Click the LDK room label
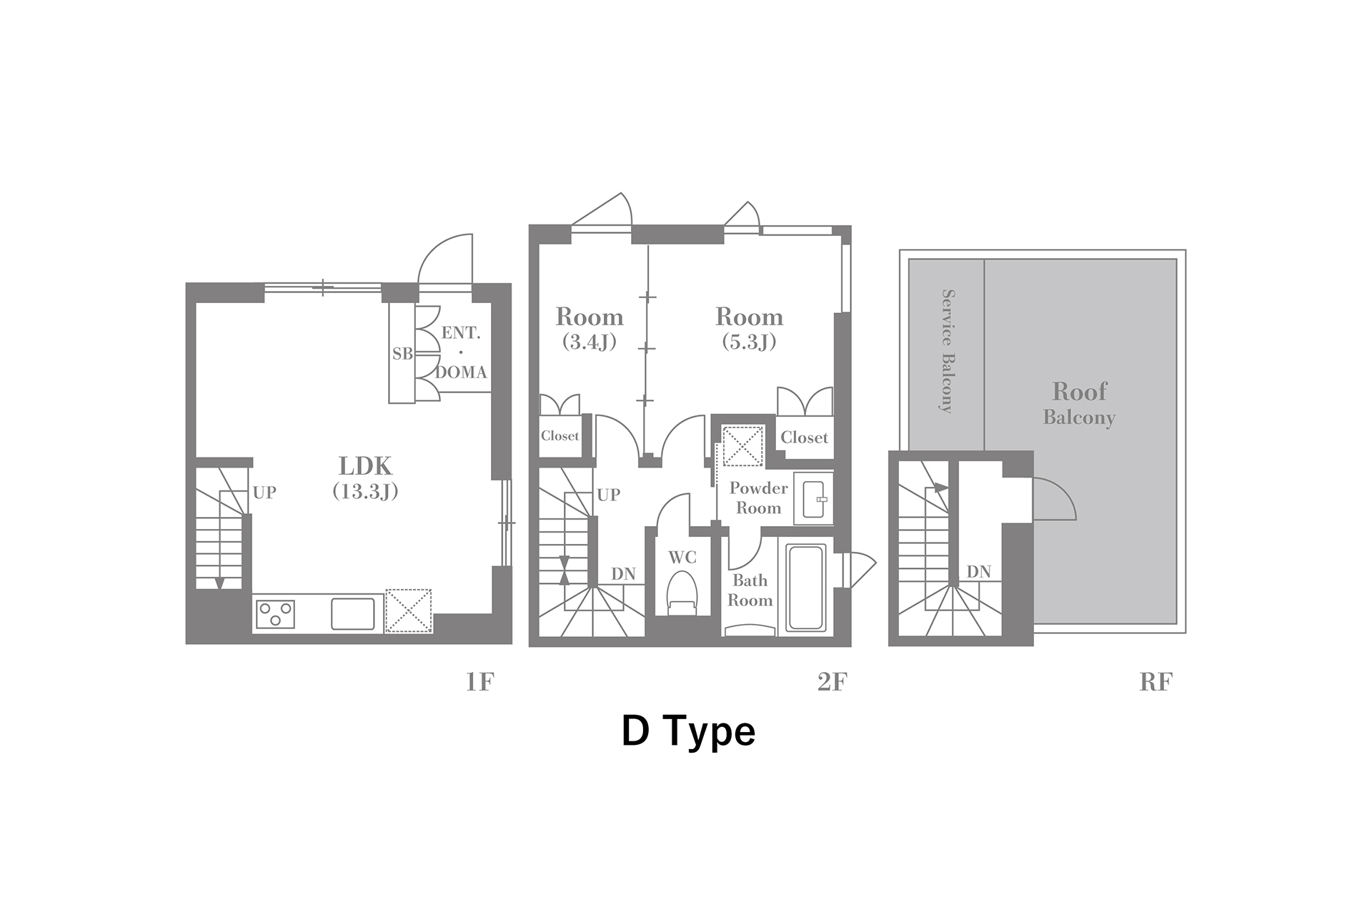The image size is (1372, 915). [x=365, y=477]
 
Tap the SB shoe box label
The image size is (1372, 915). [x=402, y=353]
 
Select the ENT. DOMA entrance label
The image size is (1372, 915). [x=461, y=352]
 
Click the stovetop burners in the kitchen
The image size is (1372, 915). [x=276, y=614]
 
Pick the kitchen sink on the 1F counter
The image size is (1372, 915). [x=353, y=614]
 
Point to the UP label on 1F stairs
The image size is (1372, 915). [x=264, y=493]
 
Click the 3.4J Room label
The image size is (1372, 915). [x=590, y=328]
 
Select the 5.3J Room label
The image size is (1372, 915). [x=749, y=328]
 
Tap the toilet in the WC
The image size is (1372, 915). [x=682, y=593]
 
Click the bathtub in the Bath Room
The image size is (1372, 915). [x=806, y=588]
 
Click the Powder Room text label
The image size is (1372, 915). [x=758, y=498]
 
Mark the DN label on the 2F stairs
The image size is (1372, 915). [x=623, y=574]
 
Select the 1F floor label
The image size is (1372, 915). [x=479, y=683]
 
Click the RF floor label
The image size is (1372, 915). [x=1155, y=683]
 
